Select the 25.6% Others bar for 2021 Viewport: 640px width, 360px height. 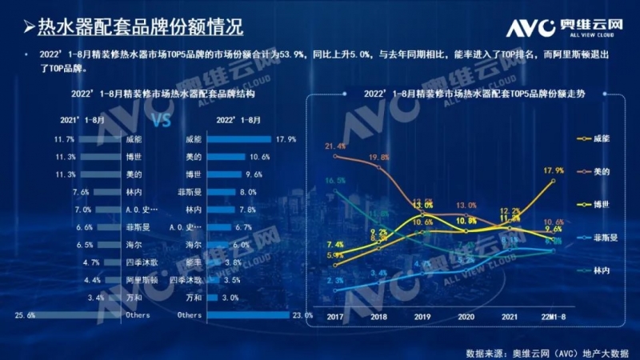[x=80, y=315]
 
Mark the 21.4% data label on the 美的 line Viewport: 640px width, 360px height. [x=335, y=146]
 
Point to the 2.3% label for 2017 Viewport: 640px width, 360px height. [x=335, y=281]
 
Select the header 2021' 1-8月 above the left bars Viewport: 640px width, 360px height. [x=82, y=119]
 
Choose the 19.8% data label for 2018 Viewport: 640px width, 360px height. [x=379, y=158]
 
